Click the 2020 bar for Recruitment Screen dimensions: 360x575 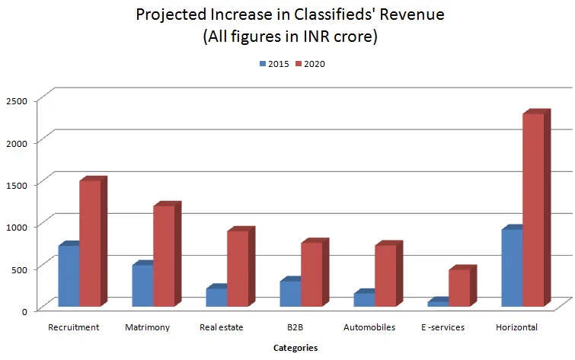pos(90,244)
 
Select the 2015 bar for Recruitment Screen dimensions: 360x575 pos(69,276)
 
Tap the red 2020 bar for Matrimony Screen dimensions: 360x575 pos(164,256)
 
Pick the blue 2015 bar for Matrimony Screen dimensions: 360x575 pos(142,285)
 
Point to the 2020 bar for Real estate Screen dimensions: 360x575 pos(238,268)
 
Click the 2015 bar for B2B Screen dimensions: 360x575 pos(290,293)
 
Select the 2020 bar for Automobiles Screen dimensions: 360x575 pos(385,276)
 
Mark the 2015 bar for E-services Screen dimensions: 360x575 pos(438,304)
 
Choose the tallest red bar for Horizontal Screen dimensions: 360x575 pos(533,210)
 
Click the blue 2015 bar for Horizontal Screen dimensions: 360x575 pos(512,267)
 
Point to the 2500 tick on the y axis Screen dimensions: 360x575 pos(16,100)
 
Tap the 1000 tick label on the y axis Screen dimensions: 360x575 pos(16,226)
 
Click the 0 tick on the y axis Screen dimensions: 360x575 pos(24,311)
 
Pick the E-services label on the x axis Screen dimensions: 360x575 pos(442,328)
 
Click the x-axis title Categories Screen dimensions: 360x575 pos(295,348)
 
